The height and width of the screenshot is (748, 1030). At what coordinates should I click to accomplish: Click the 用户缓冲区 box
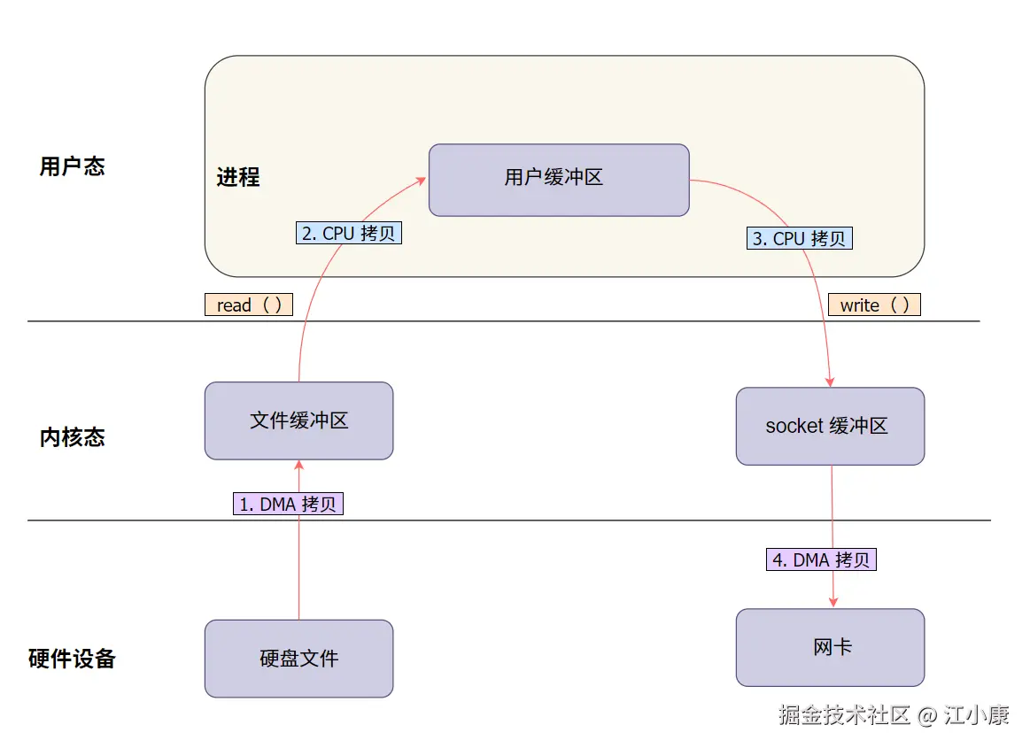click(558, 180)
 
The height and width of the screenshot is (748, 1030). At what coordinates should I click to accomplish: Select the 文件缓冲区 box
click(298, 420)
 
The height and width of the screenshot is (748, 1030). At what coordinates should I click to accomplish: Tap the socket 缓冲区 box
click(830, 426)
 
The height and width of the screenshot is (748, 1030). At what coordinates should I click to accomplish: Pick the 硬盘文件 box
click(298, 659)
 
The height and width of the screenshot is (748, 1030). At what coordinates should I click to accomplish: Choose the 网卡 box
click(830, 647)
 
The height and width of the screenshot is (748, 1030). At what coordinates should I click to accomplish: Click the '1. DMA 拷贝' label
click(288, 504)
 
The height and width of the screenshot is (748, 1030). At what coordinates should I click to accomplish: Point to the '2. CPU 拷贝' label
click(348, 233)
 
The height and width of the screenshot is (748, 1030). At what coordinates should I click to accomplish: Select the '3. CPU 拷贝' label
click(800, 238)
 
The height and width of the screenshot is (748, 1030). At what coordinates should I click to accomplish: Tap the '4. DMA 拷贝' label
click(821, 559)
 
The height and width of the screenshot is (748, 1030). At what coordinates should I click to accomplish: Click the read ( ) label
click(249, 305)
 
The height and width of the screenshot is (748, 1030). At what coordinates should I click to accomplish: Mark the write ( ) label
click(874, 305)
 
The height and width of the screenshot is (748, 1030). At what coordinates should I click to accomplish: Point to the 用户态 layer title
click(72, 166)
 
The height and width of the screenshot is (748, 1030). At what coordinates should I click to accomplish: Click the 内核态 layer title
click(72, 437)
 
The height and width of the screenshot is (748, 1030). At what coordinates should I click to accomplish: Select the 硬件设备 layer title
click(72, 659)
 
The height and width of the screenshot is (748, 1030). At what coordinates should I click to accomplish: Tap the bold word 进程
click(238, 177)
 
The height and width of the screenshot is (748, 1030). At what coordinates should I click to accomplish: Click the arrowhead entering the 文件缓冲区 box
click(298, 465)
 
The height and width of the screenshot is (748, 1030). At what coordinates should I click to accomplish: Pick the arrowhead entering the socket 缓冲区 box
click(830, 382)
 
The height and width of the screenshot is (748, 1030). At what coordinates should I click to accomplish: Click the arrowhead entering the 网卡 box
click(833, 603)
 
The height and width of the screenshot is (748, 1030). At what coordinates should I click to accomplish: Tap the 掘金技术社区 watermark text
click(844, 715)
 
